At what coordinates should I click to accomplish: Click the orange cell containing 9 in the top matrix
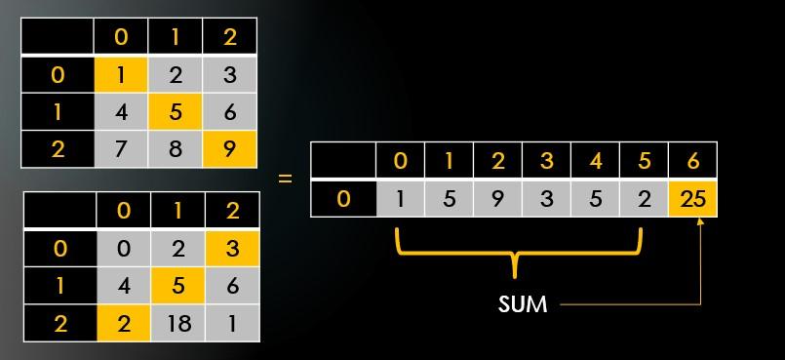[230, 150]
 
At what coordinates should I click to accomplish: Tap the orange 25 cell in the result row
[692, 199]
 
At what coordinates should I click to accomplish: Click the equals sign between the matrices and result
[285, 180]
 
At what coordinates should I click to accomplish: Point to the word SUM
[523, 304]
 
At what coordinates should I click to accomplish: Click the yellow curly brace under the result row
[519, 255]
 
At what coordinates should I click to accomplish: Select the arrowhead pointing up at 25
[699, 223]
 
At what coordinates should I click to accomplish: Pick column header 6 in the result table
[692, 160]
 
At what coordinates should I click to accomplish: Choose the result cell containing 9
[497, 199]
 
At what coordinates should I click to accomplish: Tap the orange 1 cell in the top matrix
[121, 73]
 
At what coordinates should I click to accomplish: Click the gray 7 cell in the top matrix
[121, 150]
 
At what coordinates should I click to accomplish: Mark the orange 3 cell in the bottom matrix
[232, 248]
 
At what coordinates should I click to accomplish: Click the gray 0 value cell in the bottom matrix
[122, 248]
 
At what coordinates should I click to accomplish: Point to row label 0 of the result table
[342, 199]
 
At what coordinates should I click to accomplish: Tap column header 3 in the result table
[546, 160]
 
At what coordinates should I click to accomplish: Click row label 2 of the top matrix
[58, 150]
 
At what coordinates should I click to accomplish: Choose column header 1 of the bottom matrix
[177, 210]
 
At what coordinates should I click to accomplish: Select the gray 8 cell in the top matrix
[176, 150]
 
